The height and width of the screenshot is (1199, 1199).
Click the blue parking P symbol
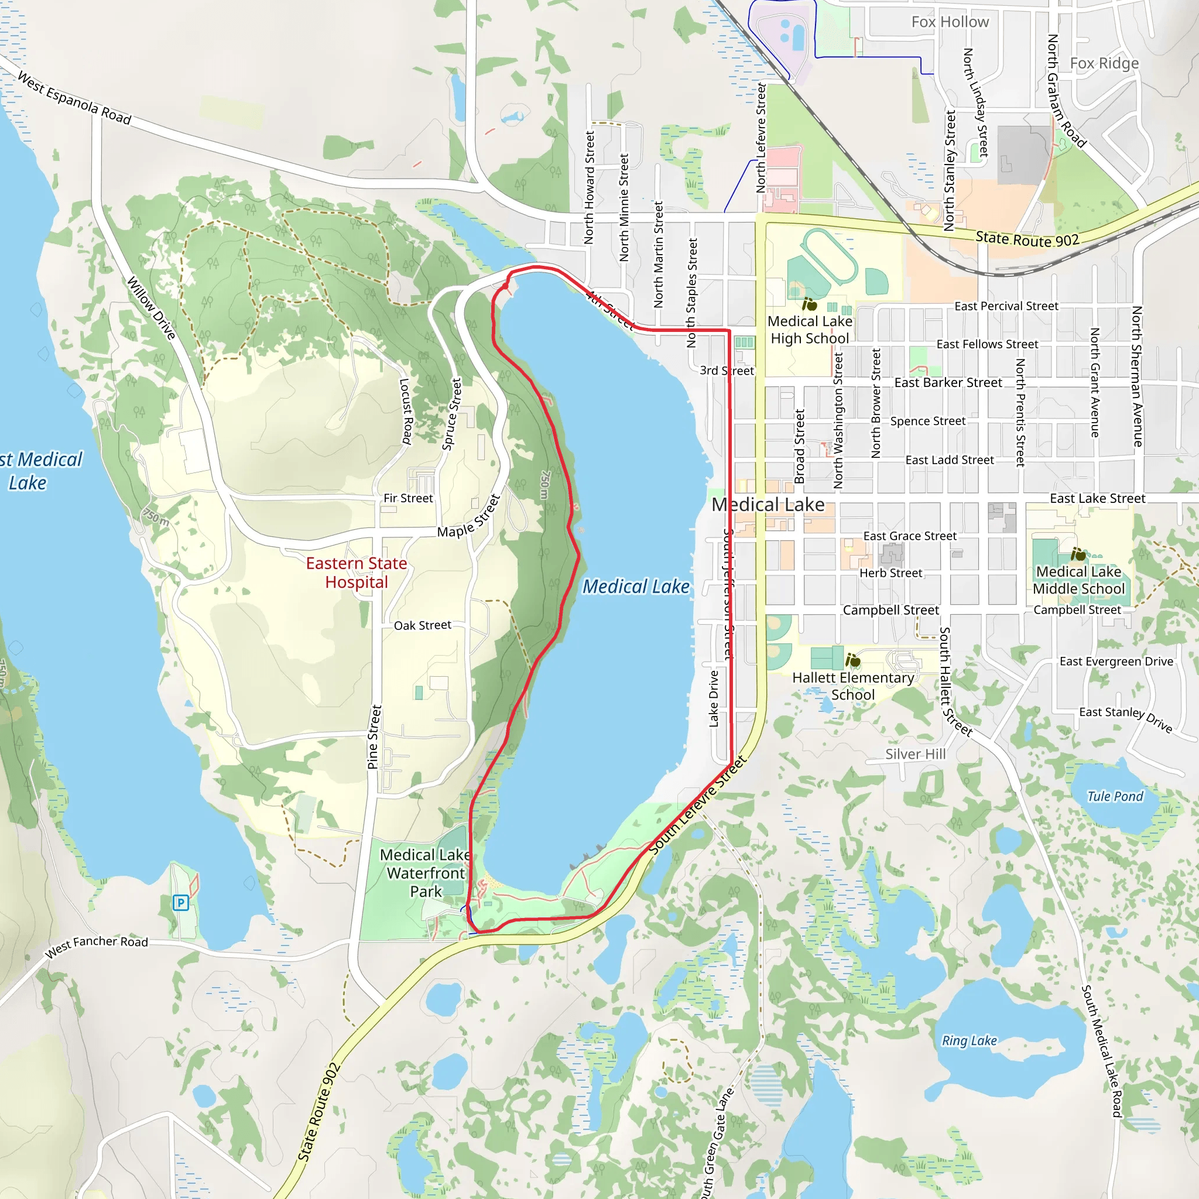point(180,902)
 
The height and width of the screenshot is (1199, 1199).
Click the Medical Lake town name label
point(768,505)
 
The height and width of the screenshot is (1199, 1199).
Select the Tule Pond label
point(1115,796)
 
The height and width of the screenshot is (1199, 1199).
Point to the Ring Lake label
point(970,1041)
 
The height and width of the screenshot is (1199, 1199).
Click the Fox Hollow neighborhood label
point(950,22)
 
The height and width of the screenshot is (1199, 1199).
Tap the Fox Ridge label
point(1104,63)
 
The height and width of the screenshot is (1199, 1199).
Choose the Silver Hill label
point(916,754)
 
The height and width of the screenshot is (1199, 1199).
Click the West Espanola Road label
point(74,98)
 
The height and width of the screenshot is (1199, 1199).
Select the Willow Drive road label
point(152,308)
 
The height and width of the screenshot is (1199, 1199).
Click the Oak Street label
point(422,626)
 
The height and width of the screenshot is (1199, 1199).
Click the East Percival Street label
point(1006,306)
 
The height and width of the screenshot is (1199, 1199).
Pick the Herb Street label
point(890,573)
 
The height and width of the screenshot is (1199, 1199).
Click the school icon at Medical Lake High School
point(809,304)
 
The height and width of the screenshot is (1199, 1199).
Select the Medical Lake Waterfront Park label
point(426,872)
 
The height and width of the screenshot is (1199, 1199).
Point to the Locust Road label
point(406,412)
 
